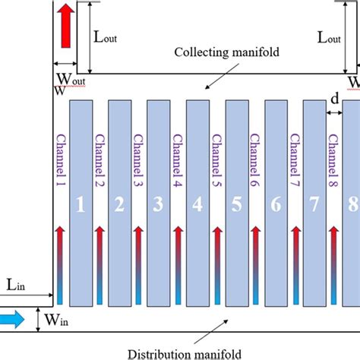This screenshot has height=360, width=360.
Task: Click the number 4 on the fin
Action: coord(197,204)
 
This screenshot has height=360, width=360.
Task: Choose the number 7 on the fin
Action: coord(314,204)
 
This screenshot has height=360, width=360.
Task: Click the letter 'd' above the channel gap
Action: coord(335,98)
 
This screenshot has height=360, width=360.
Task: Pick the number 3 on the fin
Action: coord(158,204)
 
